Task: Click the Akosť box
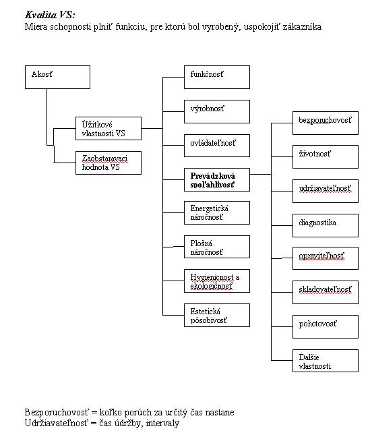[x=57, y=78]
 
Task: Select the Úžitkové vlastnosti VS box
[x=109, y=129]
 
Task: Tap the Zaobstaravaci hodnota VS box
[x=109, y=163]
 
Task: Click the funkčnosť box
[x=217, y=78]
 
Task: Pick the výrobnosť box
[x=217, y=111]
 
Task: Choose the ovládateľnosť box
[x=217, y=146]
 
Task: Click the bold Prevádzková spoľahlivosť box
[x=217, y=180]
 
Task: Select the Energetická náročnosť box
[x=217, y=213]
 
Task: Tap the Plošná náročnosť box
[x=217, y=247]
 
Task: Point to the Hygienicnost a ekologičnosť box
[x=217, y=281]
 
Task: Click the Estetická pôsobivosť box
[x=217, y=315]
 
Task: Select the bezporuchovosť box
[x=326, y=123]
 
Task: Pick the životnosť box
[x=326, y=156]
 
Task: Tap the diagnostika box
[x=326, y=226]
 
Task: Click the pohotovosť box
[x=326, y=327]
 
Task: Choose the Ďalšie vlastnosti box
[x=326, y=361]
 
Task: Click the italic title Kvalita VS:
[x=50, y=15]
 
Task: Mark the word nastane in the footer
[x=220, y=413]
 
